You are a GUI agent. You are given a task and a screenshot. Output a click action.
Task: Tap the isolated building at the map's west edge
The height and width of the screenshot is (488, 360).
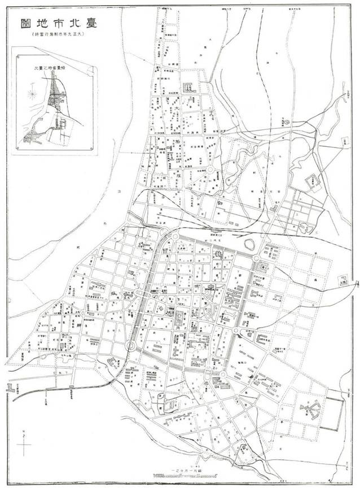coord(10,388)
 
